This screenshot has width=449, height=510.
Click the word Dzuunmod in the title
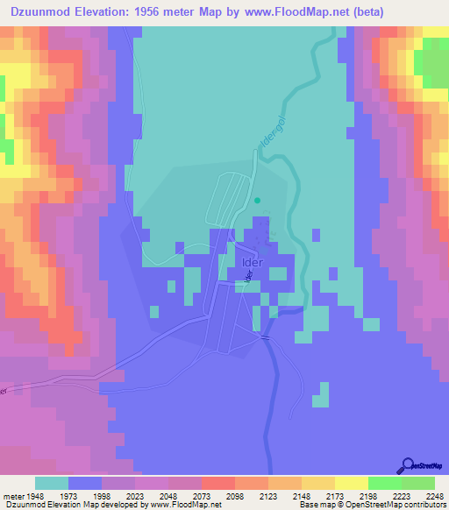[37, 11]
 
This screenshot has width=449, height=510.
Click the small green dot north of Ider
[257, 200]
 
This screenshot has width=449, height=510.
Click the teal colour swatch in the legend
[52, 483]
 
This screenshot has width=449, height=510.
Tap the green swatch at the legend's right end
[418, 483]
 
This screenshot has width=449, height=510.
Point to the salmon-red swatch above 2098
[218, 483]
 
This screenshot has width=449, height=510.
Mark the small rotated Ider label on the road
[248, 277]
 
